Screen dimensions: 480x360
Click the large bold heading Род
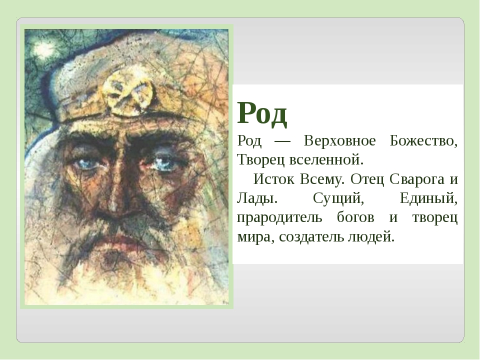(x=262, y=113)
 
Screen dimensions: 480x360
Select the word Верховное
(x=339, y=141)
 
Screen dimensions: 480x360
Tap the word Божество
(x=423, y=141)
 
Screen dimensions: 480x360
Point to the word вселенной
(x=326, y=159)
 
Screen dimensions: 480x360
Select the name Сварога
(x=416, y=179)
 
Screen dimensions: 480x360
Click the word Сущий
(x=338, y=198)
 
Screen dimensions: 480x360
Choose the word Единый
(x=428, y=198)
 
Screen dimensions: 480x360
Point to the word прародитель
(x=279, y=218)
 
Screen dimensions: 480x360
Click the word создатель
(x=311, y=237)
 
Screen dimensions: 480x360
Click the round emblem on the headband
(x=128, y=95)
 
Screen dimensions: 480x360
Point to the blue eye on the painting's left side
(x=87, y=162)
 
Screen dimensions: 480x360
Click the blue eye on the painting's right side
(x=162, y=161)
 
